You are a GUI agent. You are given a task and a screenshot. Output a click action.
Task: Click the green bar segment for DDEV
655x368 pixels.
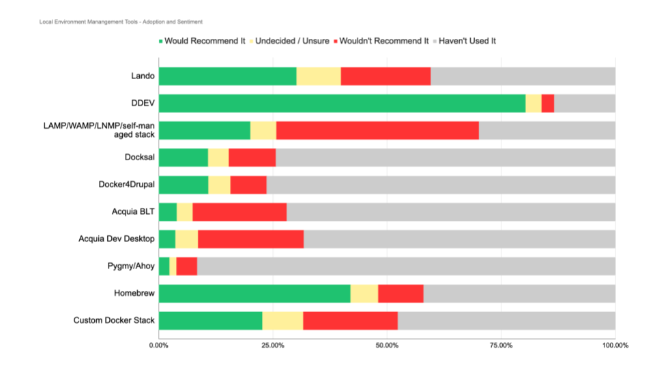pos(341,103)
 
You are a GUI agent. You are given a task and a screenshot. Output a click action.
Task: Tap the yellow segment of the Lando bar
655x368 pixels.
pos(319,76)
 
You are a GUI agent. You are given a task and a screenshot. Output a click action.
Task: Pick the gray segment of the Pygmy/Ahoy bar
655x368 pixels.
pos(406,266)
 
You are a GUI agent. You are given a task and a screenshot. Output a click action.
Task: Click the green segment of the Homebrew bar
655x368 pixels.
pos(254,293)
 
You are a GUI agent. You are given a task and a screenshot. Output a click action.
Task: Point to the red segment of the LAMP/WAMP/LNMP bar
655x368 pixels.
pos(377,130)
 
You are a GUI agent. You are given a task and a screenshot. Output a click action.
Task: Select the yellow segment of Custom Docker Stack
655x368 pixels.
pos(282,320)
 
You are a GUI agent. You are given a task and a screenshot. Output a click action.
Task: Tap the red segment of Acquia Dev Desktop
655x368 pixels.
pos(250,239)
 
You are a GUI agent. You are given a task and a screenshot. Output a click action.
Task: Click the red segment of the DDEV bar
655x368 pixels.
pos(547,103)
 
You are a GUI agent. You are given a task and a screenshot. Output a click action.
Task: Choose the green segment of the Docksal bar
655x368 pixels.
pos(183,157)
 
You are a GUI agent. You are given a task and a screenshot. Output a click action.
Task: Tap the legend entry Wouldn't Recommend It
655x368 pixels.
pos(384,41)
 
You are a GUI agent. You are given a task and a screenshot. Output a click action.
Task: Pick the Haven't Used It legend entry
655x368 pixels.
pos(467,41)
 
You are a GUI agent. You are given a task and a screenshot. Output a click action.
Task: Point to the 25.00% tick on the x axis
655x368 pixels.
pos(273,346)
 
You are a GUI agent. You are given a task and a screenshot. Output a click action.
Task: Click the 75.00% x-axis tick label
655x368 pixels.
pos(501,346)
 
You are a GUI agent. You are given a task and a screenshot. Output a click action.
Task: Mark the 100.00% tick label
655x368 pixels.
pos(615,346)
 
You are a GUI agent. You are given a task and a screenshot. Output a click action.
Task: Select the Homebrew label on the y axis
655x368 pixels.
pos(134,293)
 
